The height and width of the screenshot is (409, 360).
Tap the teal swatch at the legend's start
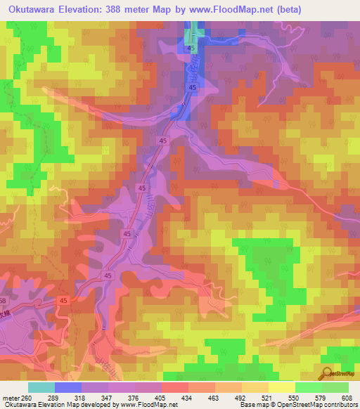click(x=41, y=388)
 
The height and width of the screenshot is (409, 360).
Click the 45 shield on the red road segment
click(x=63, y=301)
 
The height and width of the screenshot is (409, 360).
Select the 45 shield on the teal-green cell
click(x=191, y=48)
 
